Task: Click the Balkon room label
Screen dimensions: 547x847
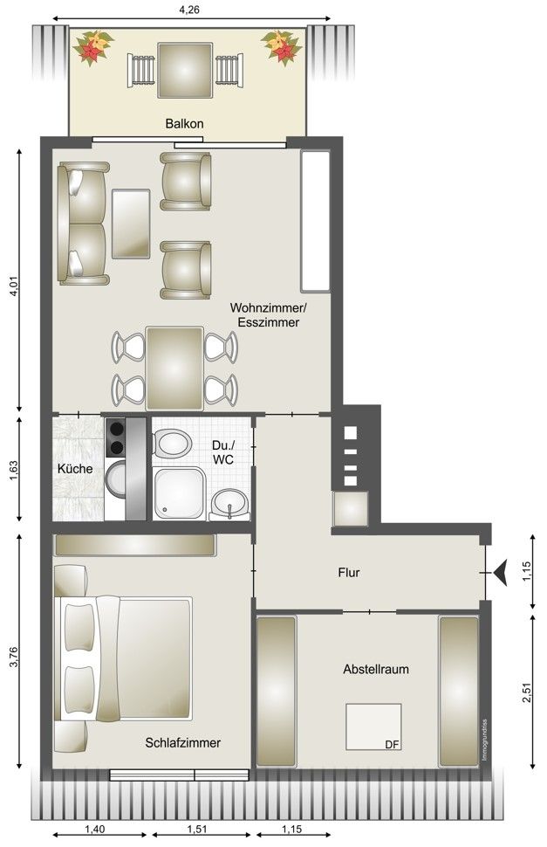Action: coord(184,124)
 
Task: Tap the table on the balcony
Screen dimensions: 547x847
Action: coord(185,70)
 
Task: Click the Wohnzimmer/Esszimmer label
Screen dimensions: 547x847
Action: coord(268,315)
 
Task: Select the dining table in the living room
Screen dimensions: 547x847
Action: coord(174,368)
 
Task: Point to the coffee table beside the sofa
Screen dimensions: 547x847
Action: coord(131,224)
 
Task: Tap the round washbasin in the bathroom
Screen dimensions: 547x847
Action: coord(229,504)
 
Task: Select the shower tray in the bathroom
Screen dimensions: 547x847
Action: coord(180,493)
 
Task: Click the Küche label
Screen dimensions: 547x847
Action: coord(75,469)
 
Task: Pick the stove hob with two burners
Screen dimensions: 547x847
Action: coord(115,437)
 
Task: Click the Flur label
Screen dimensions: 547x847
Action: coord(348,573)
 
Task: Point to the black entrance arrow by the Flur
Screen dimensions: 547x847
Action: coord(500,573)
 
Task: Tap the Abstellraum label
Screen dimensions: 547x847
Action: coord(376,669)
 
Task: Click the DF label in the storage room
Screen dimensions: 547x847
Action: coord(393,744)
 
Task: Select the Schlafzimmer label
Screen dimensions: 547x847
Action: coord(183,743)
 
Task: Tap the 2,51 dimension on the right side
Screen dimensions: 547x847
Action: coord(527,692)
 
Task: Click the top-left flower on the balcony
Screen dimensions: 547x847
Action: coord(92,47)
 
